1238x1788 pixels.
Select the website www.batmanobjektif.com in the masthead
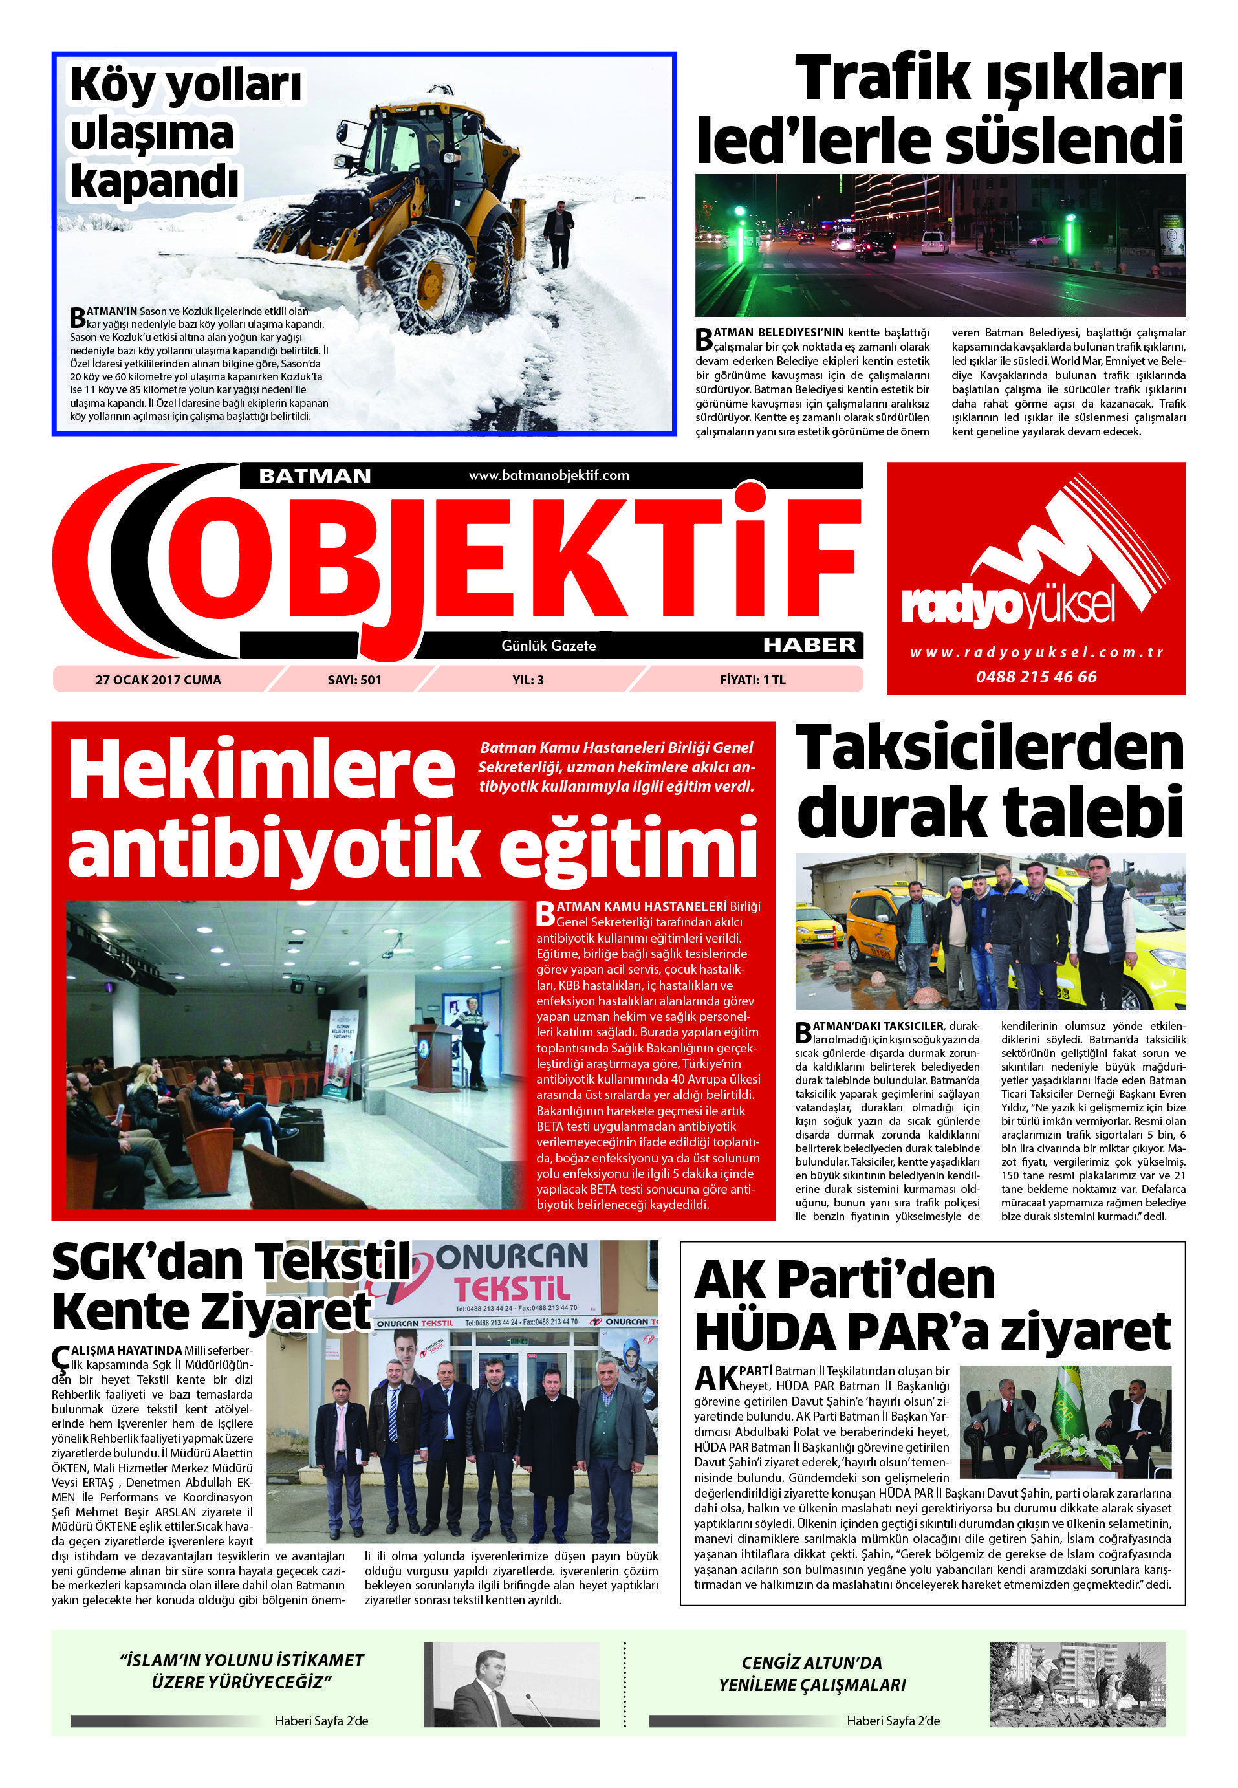(x=548, y=475)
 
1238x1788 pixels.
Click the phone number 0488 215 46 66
(x=1036, y=677)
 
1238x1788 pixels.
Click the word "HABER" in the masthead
(x=809, y=644)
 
